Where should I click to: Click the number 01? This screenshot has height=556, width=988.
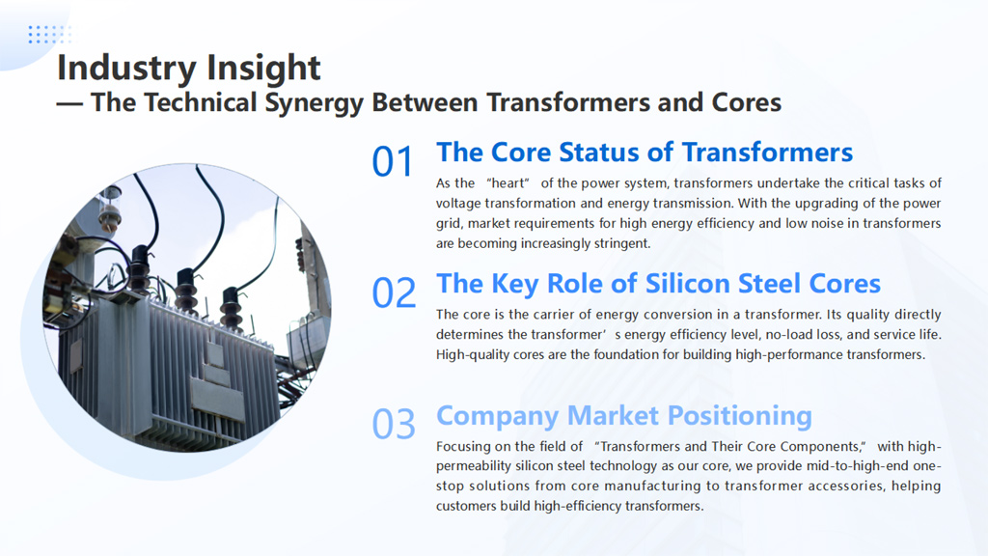(392, 161)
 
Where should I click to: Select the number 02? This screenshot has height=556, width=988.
(394, 292)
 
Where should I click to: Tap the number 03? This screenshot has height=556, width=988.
(394, 424)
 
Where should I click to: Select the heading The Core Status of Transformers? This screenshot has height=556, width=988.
(645, 153)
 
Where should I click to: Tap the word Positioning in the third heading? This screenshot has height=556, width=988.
(740, 416)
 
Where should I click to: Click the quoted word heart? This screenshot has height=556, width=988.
(508, 183)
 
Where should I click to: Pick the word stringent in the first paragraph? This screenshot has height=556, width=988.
(621, 244)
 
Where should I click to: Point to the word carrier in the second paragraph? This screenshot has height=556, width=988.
(551, 315)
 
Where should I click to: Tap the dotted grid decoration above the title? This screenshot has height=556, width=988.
(50, 35)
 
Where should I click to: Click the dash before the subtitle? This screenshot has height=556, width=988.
(69, 103)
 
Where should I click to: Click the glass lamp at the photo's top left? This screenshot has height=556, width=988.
(110, 209)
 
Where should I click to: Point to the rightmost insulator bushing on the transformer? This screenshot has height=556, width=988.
(231, 309)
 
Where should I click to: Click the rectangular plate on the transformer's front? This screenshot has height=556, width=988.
(218, 401)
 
